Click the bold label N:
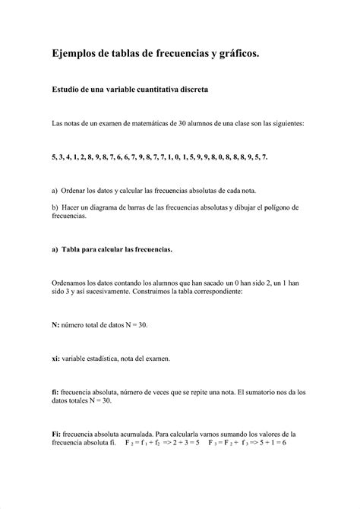coord(55,324)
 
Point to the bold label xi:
coord(56,357)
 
